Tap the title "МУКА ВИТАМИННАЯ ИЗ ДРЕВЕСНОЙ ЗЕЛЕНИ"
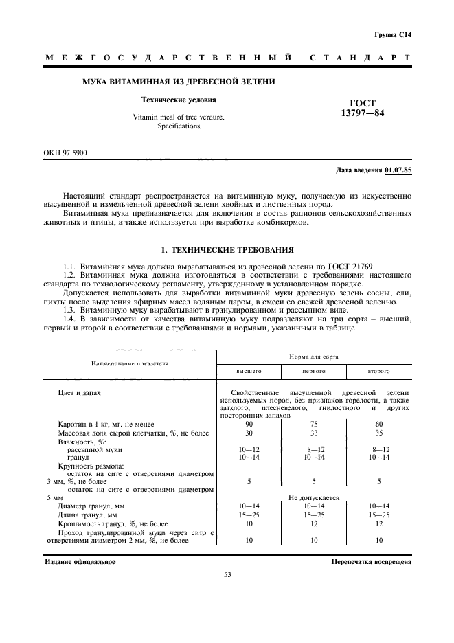[x=179, y=82]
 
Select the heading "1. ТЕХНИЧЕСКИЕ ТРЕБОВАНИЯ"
[x=227, y=250]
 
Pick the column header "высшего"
[x=249, y=371]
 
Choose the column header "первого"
[x=314, y=371]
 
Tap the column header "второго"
[x=379, y=371]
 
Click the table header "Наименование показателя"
[x=129, y=362]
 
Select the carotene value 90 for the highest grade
[x=249, y=424]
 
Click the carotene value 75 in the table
[x=314, y=424]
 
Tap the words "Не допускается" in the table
[x=314, y=497]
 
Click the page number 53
[x=227, y=575]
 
